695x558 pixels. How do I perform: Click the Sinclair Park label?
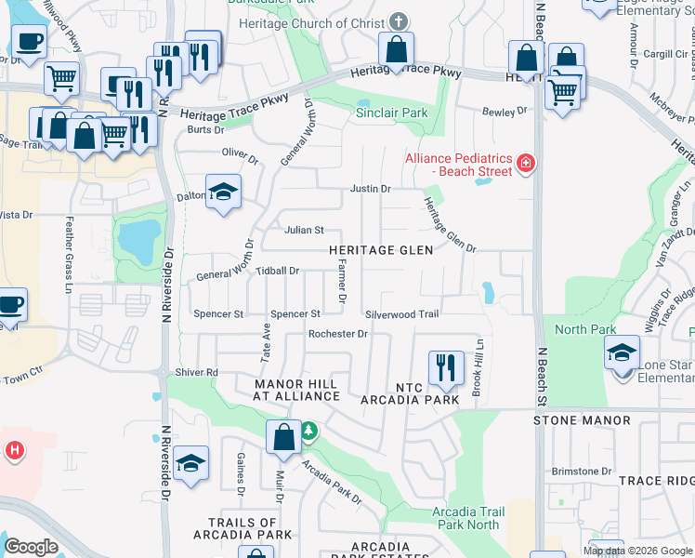[392, 113]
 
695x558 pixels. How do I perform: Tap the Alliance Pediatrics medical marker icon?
[526, 164]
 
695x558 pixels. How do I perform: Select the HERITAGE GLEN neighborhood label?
[381, 250]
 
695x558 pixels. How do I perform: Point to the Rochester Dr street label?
[338, 334]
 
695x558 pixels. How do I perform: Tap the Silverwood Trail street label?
[401, 314]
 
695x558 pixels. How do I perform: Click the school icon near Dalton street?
[222, 192]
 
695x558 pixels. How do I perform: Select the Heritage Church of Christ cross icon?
[398, 20]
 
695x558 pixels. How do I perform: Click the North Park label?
[585, 330]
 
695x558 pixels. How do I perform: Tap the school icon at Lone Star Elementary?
[622, 352]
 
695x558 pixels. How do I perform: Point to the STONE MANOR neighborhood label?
[583, 420]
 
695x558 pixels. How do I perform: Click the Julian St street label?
[304, 230]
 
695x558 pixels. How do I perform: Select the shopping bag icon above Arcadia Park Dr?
[284, 436]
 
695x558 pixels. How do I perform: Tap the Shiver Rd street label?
[196, 372]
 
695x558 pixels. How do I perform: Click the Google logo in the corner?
[32, 547]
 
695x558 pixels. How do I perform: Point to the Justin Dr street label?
[370, 189]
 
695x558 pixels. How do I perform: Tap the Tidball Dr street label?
[277, 271]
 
